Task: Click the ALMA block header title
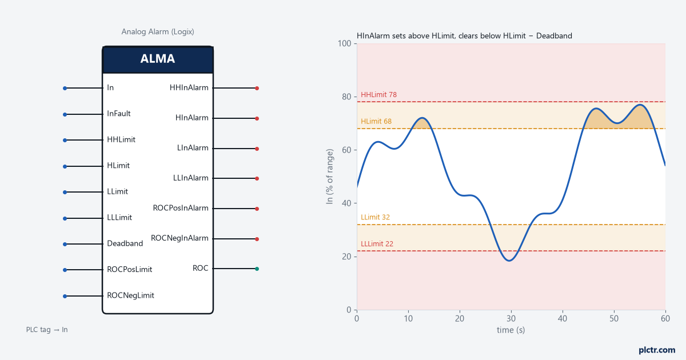click(157, 58)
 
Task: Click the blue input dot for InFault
click(65, 114)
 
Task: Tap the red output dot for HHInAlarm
click(257, 88)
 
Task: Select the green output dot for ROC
click(257, 269)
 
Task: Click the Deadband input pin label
click(125, 243)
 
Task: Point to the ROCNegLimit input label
click(130, 295)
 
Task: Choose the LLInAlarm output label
click(190, 178)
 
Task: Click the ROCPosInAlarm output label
click(181, 208)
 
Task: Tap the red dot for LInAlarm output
click(257, 149)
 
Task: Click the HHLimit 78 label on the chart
click(378, 95)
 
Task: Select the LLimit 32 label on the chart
click(375, 217)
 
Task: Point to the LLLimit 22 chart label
click(377, 243)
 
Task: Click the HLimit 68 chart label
click(376, 121)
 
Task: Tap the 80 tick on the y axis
click(346, 97)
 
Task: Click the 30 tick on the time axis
click(511, 319)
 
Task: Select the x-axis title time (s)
click(511, 330)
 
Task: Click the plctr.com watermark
click(657, 350)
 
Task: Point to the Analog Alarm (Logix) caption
click(158, 31)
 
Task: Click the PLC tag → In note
click(47, 330)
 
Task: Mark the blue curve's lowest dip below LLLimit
click(509, 261)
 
